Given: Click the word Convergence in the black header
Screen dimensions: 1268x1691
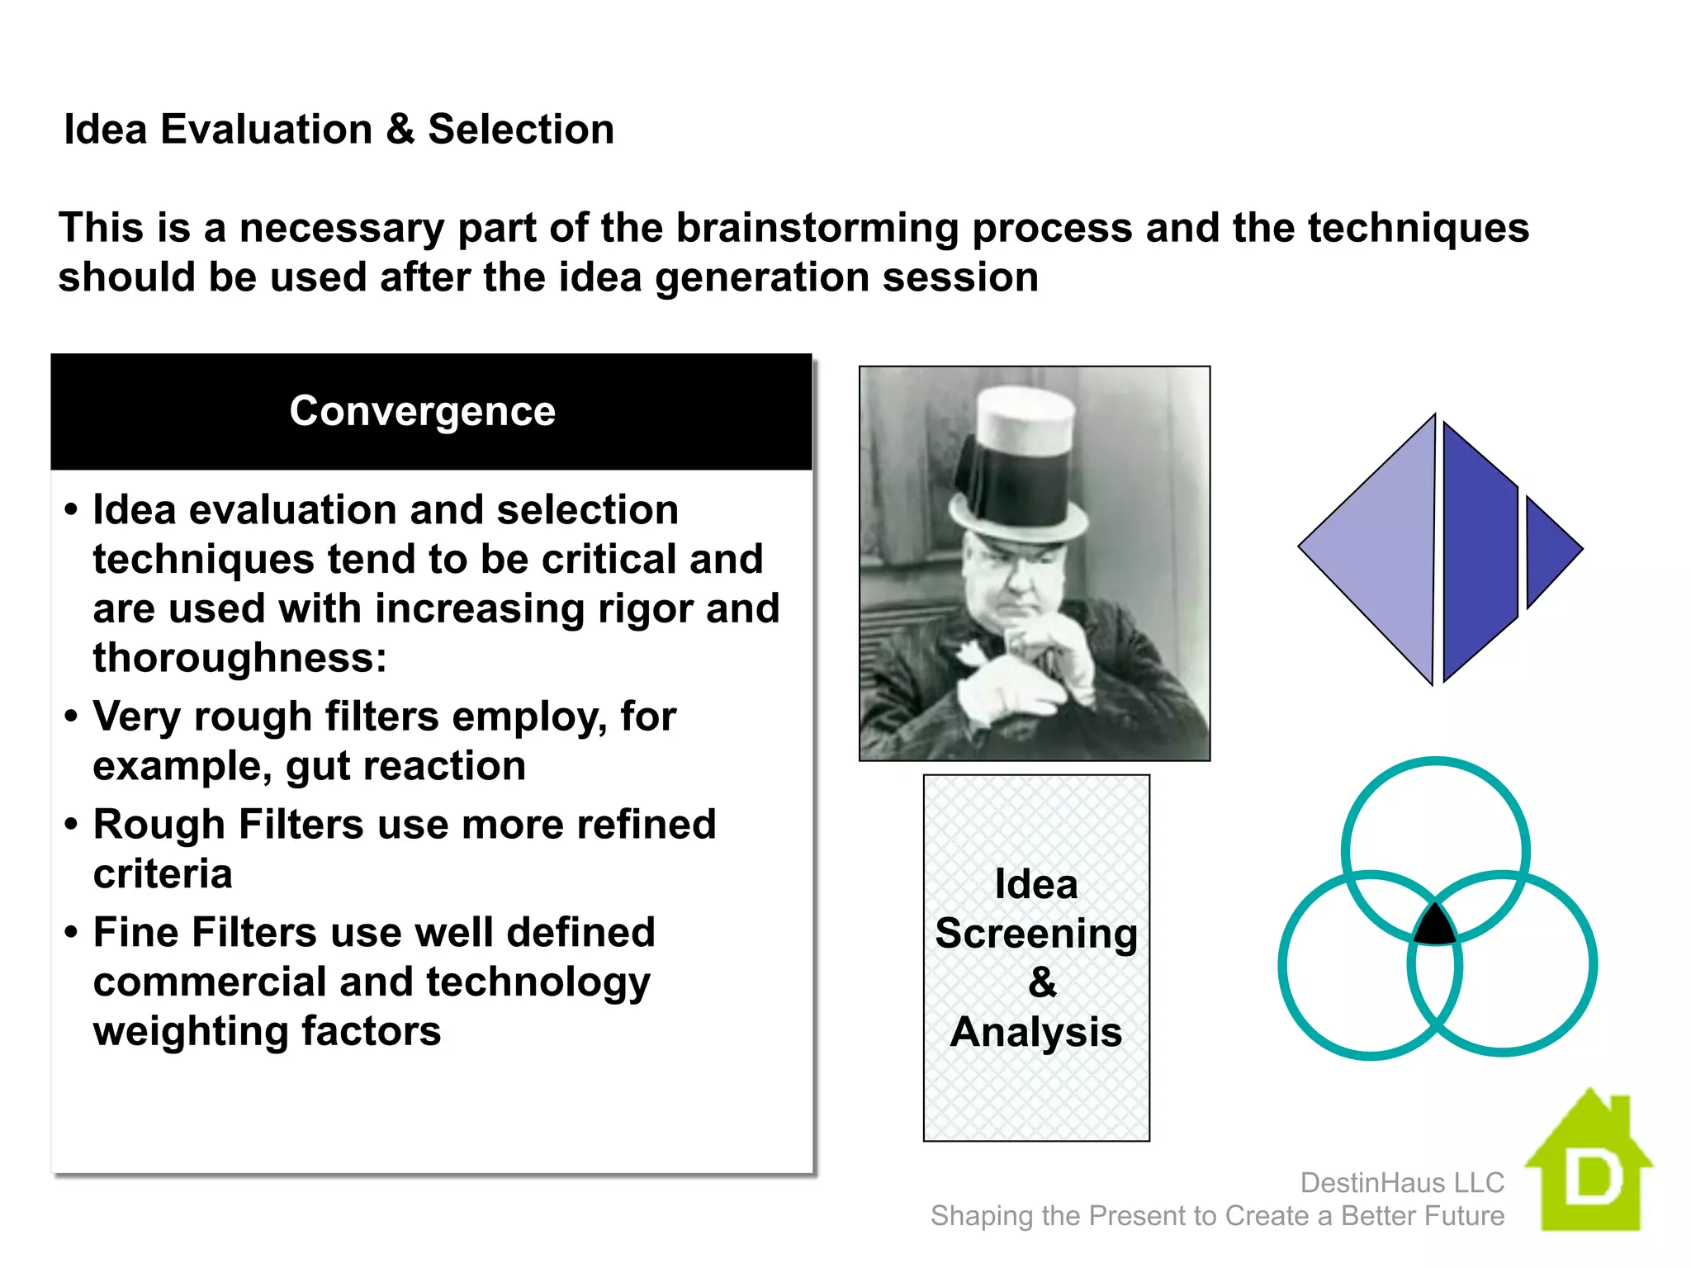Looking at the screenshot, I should pos(422,411).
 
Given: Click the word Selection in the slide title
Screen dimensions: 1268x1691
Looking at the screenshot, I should pos(520,130).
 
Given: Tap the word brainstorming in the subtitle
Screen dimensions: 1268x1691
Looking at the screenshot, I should pos(817,229).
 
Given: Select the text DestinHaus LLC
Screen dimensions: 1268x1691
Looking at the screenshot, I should pos(1401,1182).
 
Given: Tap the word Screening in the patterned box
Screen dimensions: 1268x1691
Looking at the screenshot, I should pos(1036,934).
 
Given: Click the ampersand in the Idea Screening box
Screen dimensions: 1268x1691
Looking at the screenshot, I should pos(1042,982).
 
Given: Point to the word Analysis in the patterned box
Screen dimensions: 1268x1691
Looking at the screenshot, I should pos(1036,1032).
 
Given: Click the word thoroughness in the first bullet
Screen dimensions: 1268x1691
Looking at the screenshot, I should pos(239,659).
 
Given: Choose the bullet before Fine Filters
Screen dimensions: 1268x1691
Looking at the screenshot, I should pos(72,933).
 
